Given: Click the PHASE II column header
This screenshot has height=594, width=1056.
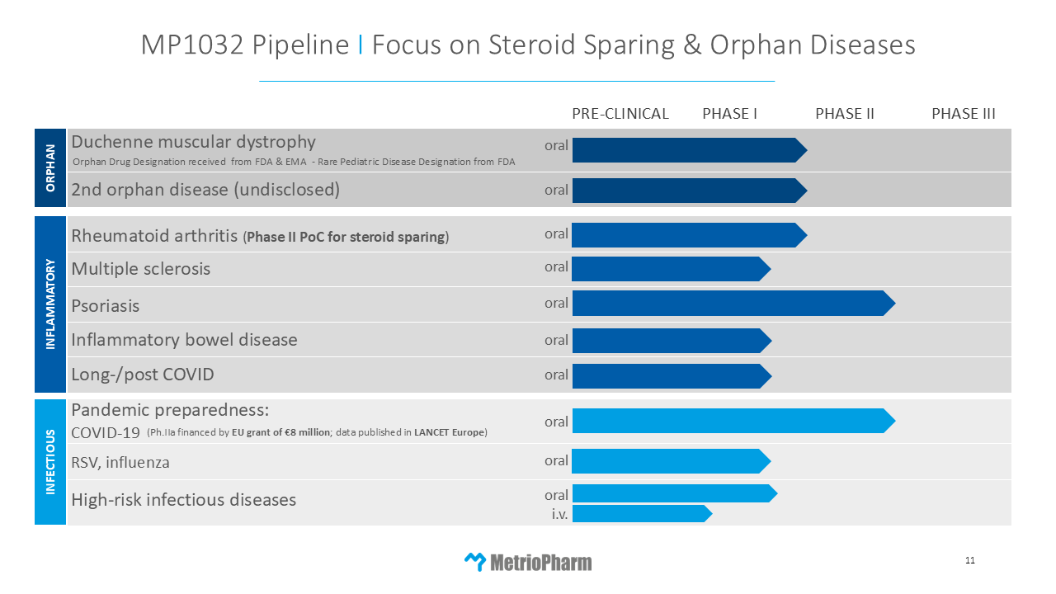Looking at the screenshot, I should (844, 114).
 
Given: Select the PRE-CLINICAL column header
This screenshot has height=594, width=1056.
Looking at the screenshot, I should (620, 114).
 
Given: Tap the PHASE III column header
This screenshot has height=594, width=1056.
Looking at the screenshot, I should (963, 114).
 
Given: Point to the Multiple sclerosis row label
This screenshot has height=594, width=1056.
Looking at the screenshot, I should (141, 269).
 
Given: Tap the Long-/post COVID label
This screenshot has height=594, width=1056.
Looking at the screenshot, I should (143, 375).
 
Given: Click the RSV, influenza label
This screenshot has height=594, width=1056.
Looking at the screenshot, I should (120, 462).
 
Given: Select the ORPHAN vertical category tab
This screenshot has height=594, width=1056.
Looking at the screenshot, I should (50, 167).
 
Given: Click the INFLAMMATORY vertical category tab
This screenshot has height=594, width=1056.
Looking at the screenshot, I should (50, 304).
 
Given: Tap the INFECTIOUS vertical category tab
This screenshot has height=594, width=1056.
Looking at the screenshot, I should (50, 461).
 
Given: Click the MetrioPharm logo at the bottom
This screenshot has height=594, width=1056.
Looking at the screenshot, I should (528, 563).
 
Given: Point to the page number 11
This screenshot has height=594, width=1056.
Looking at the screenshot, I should (970, 561).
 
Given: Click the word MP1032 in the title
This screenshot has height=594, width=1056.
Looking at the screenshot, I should (191, 45).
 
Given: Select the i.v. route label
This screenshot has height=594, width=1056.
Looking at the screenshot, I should (559, 514).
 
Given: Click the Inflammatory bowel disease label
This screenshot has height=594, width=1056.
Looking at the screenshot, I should (184, 340).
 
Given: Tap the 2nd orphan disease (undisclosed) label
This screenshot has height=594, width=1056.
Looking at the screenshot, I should (205, 190).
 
